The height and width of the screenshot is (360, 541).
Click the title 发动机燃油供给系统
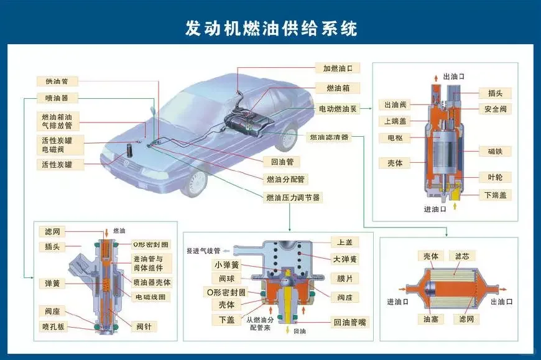click(271, 28)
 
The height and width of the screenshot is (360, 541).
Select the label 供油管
click(57, 81)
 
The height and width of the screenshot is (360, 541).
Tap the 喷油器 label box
click(57, 98)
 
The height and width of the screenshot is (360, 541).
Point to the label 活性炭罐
click(57, 165)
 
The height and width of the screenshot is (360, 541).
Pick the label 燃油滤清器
click(330, 137)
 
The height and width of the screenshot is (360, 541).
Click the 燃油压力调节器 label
click(294, 198)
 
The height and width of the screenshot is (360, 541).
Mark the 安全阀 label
click(495, 109)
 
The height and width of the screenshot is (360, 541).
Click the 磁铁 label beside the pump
click(495, 151)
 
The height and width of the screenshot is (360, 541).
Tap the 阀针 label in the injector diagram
click(147, 325)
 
